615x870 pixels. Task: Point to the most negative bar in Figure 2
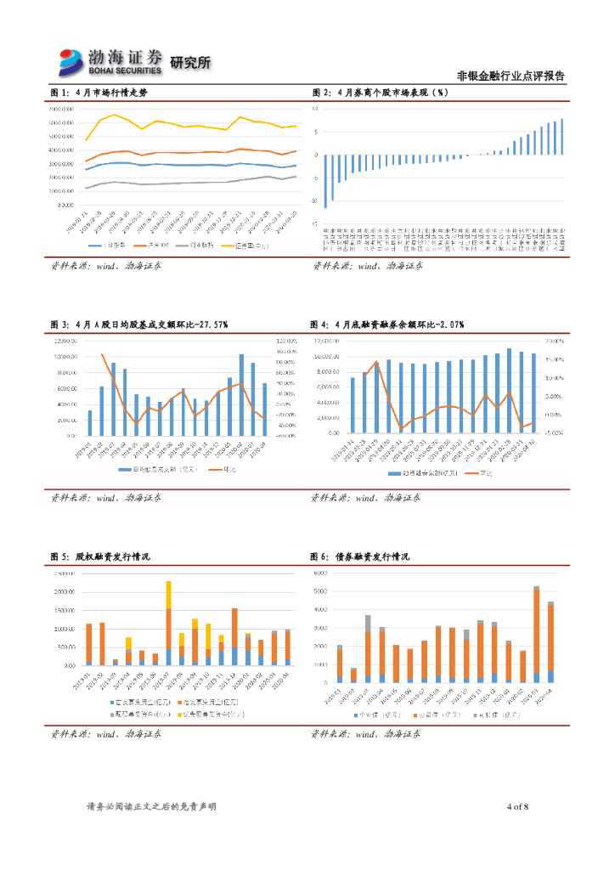pyautogui.click(x=325, y=181)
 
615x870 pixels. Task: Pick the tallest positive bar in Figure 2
pyautogui.click(x=562, y=136)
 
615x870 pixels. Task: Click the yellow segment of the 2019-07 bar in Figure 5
pyautogui.click(x=168, y=595)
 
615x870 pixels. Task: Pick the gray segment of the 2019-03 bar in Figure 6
pyautogui.click(x=368, y=623)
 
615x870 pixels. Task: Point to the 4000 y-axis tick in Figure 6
pyautogui.click(x=321, y=610)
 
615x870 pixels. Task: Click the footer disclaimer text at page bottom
pyautogui.click(x=152, y=806)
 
